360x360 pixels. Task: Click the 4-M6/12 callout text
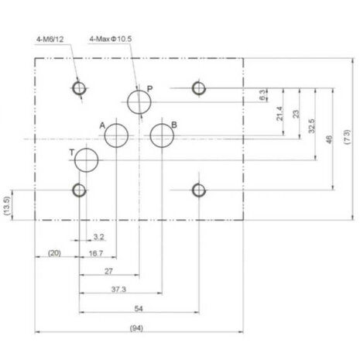click(x=50, y=39)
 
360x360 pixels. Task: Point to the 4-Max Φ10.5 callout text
click(x=111, y=39)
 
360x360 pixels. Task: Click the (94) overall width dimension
click(x=136, y=328)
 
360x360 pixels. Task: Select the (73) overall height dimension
click(x=348, y=137)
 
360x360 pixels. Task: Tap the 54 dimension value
click(x=139, y=308)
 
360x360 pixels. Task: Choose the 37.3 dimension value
click(x=118, y=290)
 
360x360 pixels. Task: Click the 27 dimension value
click(x=108, y=271)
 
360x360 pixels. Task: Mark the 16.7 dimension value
click(x=96, y=253)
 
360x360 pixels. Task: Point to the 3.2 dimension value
click(x=98, y=237)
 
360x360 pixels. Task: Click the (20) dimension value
click(x=54, y=253)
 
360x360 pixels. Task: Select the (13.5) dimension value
click(x=7, y=206)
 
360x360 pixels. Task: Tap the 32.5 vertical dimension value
click(x=312, y=126)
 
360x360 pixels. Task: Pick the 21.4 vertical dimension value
click(x=279, y=114)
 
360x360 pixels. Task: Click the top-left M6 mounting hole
click(x=79, y=88)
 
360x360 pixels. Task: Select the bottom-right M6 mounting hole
click(x=199, y=190)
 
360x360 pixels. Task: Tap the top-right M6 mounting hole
click(x=199, y=88)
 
